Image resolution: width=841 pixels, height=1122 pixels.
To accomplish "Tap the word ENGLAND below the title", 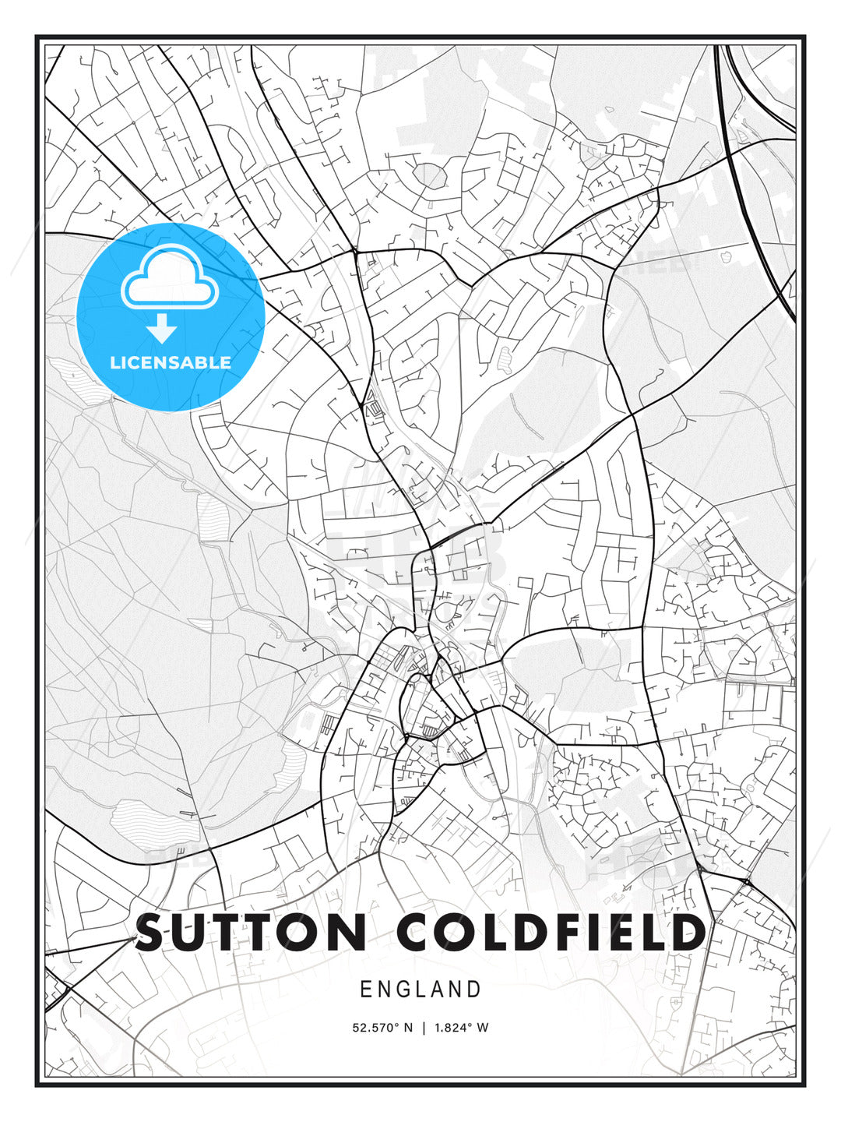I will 420,990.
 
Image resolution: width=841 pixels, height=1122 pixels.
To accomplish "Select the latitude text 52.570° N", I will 382,1028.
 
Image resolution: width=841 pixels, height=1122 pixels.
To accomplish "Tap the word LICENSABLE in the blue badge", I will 171,362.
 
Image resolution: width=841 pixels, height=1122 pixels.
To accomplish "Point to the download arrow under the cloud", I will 162,328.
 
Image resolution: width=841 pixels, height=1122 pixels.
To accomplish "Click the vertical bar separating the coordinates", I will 424,1028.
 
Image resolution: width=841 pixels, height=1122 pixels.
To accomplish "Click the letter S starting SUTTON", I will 153,933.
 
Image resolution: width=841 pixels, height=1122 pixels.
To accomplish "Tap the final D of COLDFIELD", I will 687,933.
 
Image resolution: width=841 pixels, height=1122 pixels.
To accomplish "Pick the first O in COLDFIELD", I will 466,933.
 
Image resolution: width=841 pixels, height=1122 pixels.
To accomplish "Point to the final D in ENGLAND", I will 473,990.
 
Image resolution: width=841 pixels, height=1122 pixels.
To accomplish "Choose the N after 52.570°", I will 407,1028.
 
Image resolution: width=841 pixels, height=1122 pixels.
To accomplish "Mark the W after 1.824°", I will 483,1028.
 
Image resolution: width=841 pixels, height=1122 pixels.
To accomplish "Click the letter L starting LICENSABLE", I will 114,362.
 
